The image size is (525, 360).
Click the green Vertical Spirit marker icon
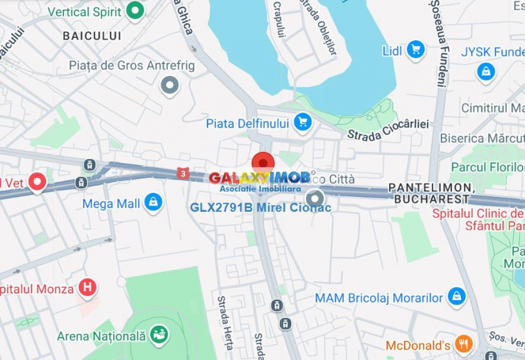click(x=135, y=10)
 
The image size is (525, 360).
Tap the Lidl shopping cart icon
click(x=416, y=50)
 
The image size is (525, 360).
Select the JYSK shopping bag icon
click(x=486, y=71)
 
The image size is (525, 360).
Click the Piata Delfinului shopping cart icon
click(x=303, y=123)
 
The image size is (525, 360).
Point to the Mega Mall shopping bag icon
click(x=153, y=202)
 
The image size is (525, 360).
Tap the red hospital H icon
click(x=87, y=288)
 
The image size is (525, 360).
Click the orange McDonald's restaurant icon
click(x=463, y=344)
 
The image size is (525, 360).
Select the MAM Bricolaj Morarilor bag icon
click(x=455, y=296)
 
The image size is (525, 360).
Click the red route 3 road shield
click(x=183, y=173)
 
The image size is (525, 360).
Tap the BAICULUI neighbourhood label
click(x=92, y=36)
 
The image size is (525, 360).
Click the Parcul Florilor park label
click(x=487, y=168)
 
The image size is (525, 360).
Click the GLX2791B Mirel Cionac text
click(x=260, y=208)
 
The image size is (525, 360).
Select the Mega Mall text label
click(x=111, y=204)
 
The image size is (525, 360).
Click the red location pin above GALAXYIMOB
click(x=263, y=163)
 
